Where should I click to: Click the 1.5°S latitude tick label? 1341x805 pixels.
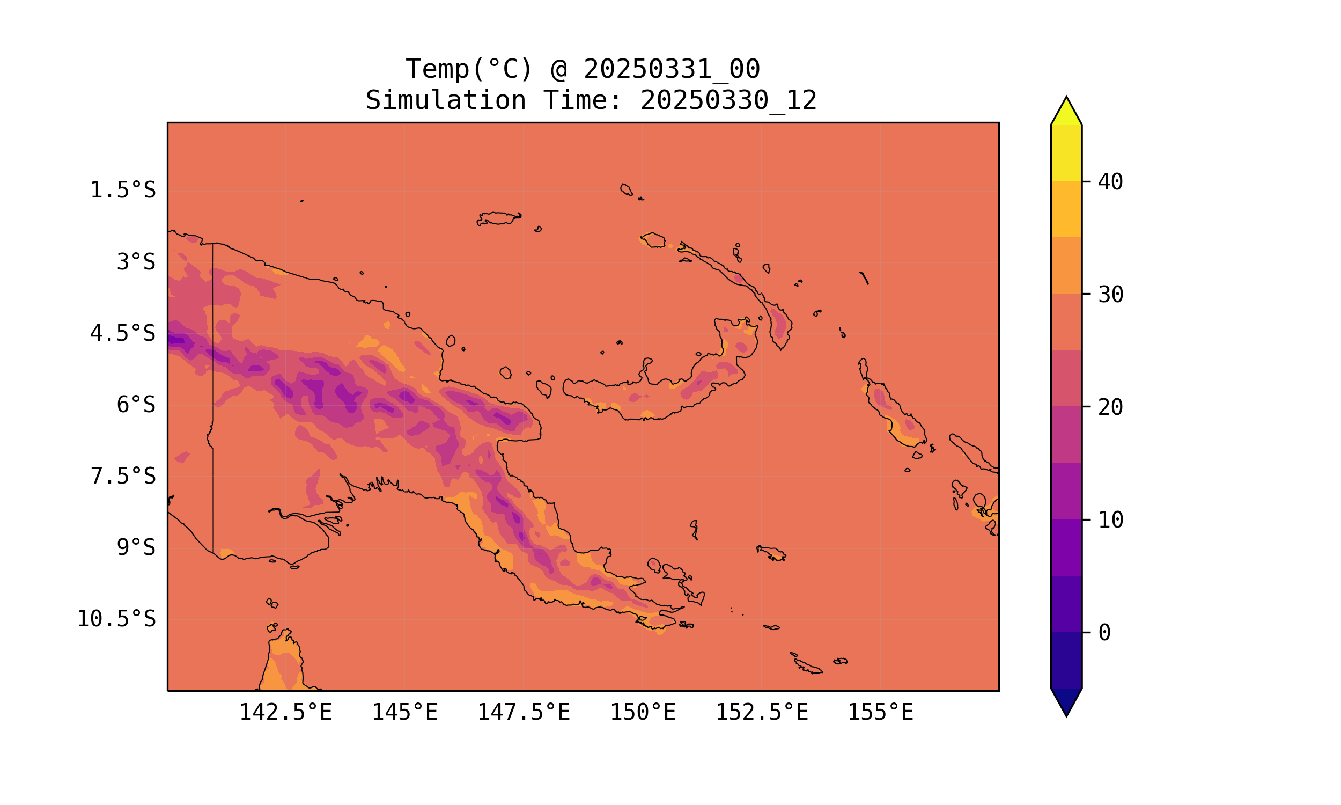(x=122, y=191)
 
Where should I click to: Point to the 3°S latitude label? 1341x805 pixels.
(x=136, y=262)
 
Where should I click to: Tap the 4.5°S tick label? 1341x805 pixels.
(x=122, y=334)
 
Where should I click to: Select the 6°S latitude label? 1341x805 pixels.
(x=136, y=405)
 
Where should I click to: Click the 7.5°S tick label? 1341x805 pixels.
(x=122, y=476)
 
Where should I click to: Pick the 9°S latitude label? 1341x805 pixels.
(x=136, y=547)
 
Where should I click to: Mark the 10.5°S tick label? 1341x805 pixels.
(x=116, y=619)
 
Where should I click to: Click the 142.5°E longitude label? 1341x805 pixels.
(x=286, y=712)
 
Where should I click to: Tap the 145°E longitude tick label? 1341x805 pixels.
(x=404, y=712)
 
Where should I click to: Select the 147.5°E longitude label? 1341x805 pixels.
(x=524, y=712)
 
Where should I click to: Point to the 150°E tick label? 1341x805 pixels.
(x=643, y=712)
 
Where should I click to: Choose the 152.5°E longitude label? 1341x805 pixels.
(x=762, y=712)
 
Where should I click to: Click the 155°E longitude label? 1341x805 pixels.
(x=880, y=712)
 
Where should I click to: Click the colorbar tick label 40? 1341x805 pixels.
(x=1110, y=182)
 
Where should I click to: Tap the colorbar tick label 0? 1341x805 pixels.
(x=1104, y=633)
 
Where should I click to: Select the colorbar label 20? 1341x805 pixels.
(x=1110, y=407)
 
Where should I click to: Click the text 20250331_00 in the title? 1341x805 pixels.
(x=672, y=69)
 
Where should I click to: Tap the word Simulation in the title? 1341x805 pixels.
(x=446, y=101)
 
